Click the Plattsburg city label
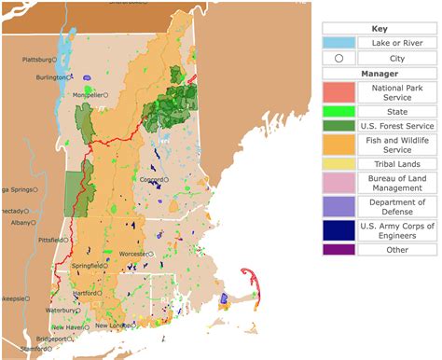pyautogui.click(x=38, y=60)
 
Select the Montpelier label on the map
pyautogui.click(x=86, y=94)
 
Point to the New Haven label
pyautogui.click(x=67, y=327)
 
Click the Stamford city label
pyautogui.click(x=32, y=349)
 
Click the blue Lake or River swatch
pyautogui.click(x=339, y=43)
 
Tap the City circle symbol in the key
pyautogui.click(x=339, y=58)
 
